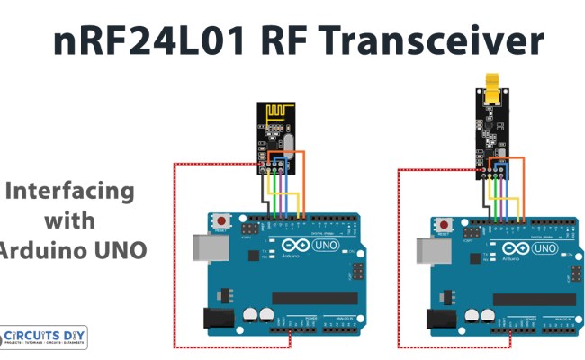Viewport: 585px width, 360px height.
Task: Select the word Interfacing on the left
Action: (70, 191)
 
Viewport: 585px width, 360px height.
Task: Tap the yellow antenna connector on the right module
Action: (491, 85)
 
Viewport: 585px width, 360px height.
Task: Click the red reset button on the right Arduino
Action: (441, 224)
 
